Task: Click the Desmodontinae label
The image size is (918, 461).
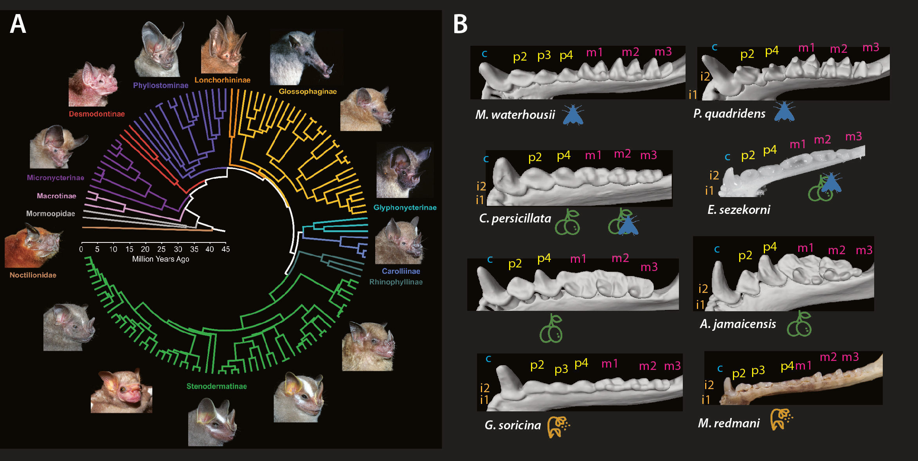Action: pos(97,114)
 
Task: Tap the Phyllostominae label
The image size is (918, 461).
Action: pos(160,85)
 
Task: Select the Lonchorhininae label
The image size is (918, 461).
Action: pos(222,80)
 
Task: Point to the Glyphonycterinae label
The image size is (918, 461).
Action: pos(405,208)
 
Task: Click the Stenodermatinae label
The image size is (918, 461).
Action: pos(216,386)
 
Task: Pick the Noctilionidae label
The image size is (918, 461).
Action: pos(33,275)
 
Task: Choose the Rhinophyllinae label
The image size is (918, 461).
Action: pos(396,282)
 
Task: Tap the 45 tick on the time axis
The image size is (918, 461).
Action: pos(226,249)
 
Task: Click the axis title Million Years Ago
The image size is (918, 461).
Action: pos(160,259)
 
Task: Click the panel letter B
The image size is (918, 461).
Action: pos(460,24)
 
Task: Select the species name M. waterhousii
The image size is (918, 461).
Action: pos(515,115)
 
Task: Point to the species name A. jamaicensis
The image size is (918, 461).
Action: pos(738,324)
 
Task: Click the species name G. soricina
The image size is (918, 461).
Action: pos(513,425)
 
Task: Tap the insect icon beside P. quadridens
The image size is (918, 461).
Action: pos(784,112)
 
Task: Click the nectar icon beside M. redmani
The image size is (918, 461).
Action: pos(781,419)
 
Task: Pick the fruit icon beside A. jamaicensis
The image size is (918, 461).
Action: pos(799,324)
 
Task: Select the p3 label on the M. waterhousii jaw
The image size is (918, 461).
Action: pos(544,55)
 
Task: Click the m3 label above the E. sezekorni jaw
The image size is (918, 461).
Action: pos(853,136)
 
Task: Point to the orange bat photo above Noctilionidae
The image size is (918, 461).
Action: pos(33,246)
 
